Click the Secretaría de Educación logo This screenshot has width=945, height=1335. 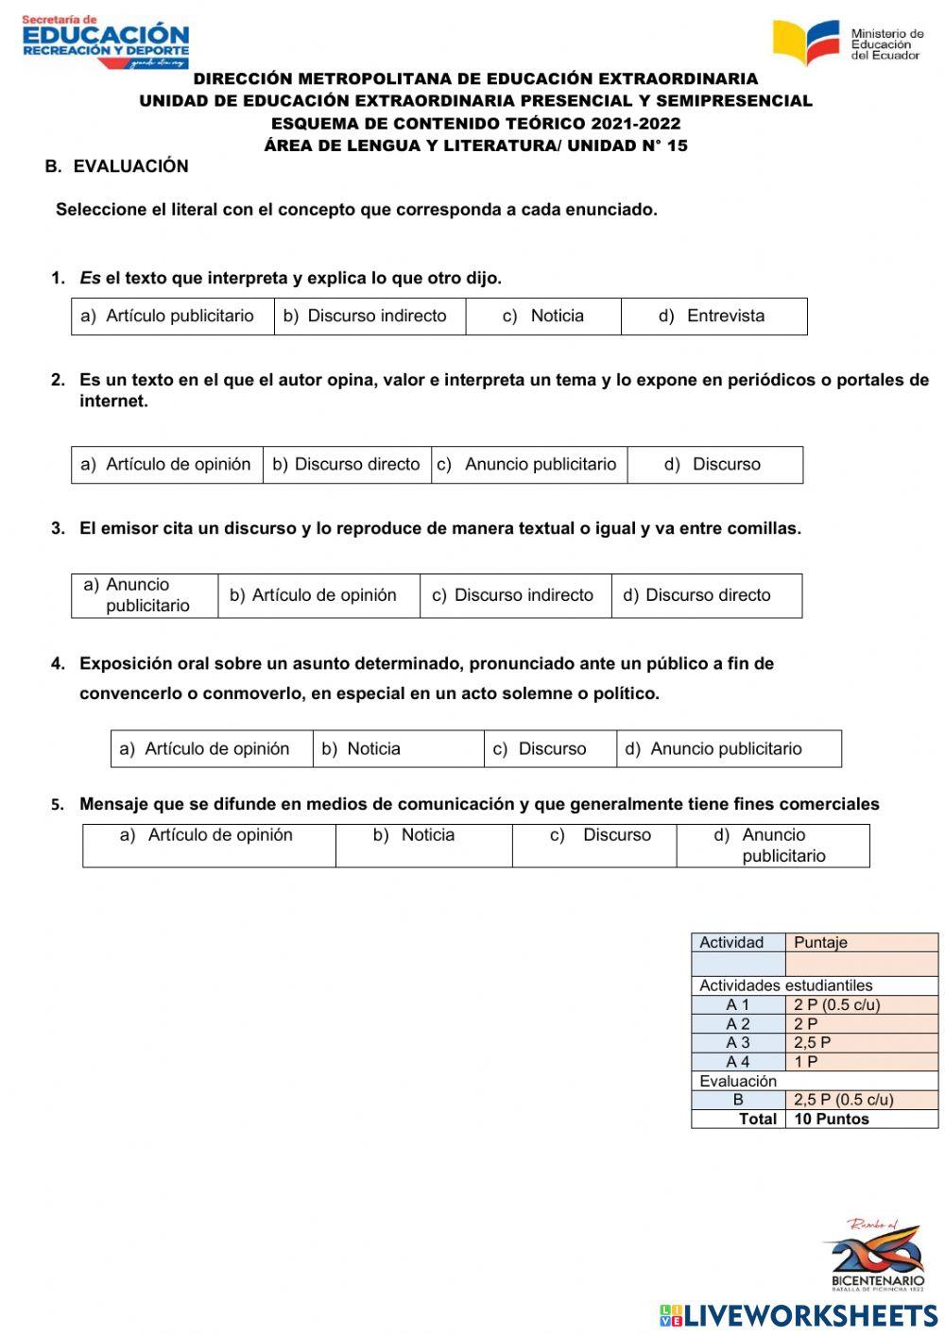tap(105, 42)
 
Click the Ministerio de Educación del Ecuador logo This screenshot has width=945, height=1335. tap(847, 43)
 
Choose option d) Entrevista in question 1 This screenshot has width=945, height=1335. tap(713, 317)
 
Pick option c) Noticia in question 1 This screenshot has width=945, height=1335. tap(543, 317)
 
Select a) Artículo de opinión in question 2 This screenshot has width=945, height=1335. tap(166, 465)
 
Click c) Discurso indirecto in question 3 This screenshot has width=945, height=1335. tap(514, 595)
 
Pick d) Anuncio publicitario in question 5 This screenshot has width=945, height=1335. tap(772, 846)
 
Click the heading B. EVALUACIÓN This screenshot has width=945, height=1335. tap(117, 166)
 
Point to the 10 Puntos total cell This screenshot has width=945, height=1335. tap(832, 1119)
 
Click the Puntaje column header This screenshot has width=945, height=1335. tap(820, 942)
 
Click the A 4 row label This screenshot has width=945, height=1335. tap(738, 1062)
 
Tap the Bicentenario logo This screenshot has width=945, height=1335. tap(876, 1255)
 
